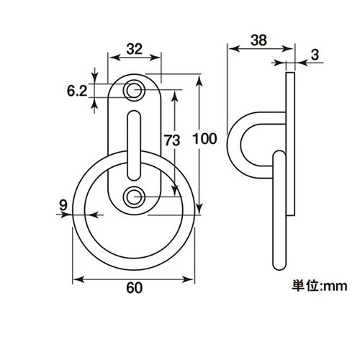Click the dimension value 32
pos(135,49)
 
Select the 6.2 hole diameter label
pos(77,91)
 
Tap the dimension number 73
pos(172,140)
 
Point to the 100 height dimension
pos(204,139)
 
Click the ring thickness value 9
pos(63,205)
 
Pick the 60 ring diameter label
pos(135,287)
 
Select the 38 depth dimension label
pos(258,40)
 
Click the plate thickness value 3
pos(315,55)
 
